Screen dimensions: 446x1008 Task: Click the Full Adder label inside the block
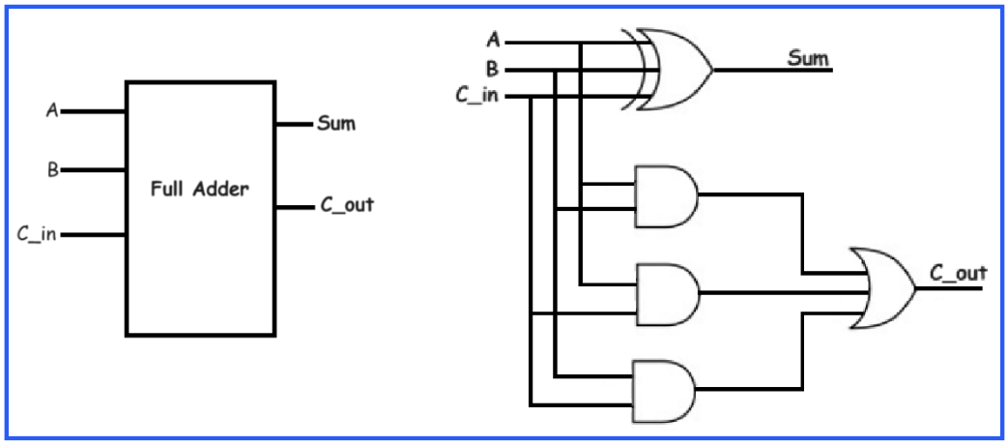tap(200, 190)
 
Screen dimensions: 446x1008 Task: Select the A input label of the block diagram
tap(51, 110)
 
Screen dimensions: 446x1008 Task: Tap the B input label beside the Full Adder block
tap(52, 170)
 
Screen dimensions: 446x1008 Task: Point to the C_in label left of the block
tap(36, 234)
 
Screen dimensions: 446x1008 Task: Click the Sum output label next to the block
tap(336, 124)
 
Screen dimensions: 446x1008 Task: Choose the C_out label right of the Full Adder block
tap(346, 206)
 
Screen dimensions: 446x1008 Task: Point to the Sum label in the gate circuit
tap(809, 59)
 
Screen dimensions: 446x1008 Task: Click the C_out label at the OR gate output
tap(958, 274)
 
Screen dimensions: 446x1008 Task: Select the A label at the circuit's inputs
tap(494, 41)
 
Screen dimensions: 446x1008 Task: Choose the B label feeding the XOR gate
tap(494, 69)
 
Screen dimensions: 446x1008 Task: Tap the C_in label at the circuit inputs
tap(476, 95)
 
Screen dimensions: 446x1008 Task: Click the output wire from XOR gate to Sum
tap(763, 70)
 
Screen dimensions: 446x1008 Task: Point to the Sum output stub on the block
tap(294, 124)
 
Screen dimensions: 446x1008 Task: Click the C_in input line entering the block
tap(92, 234)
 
